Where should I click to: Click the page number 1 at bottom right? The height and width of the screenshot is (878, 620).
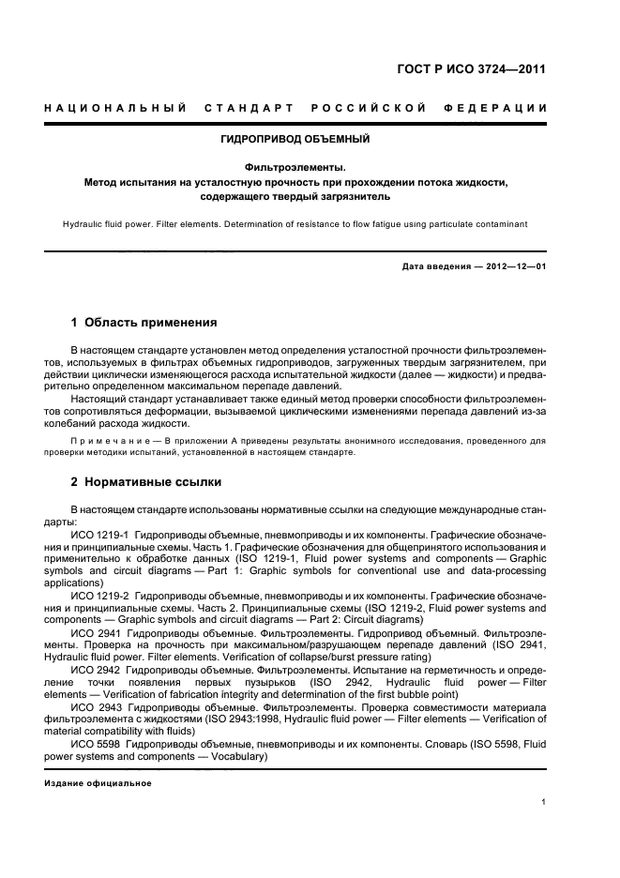(544, 802)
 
